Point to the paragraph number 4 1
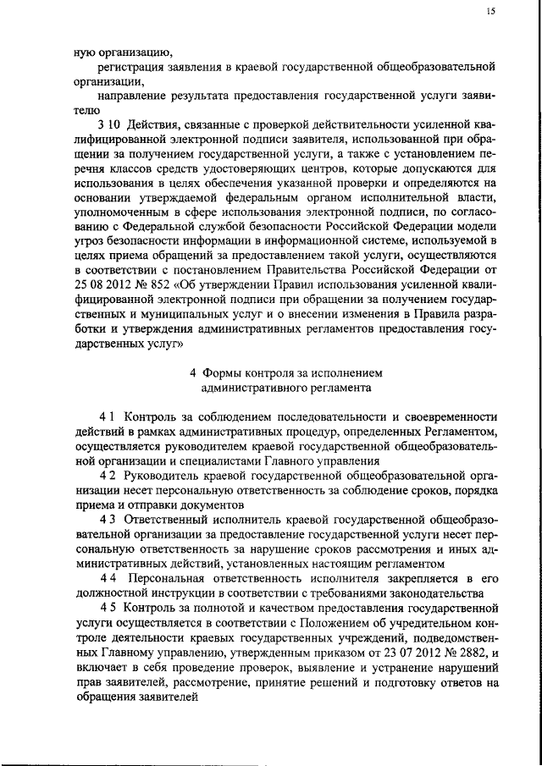click(x=108, y=416)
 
